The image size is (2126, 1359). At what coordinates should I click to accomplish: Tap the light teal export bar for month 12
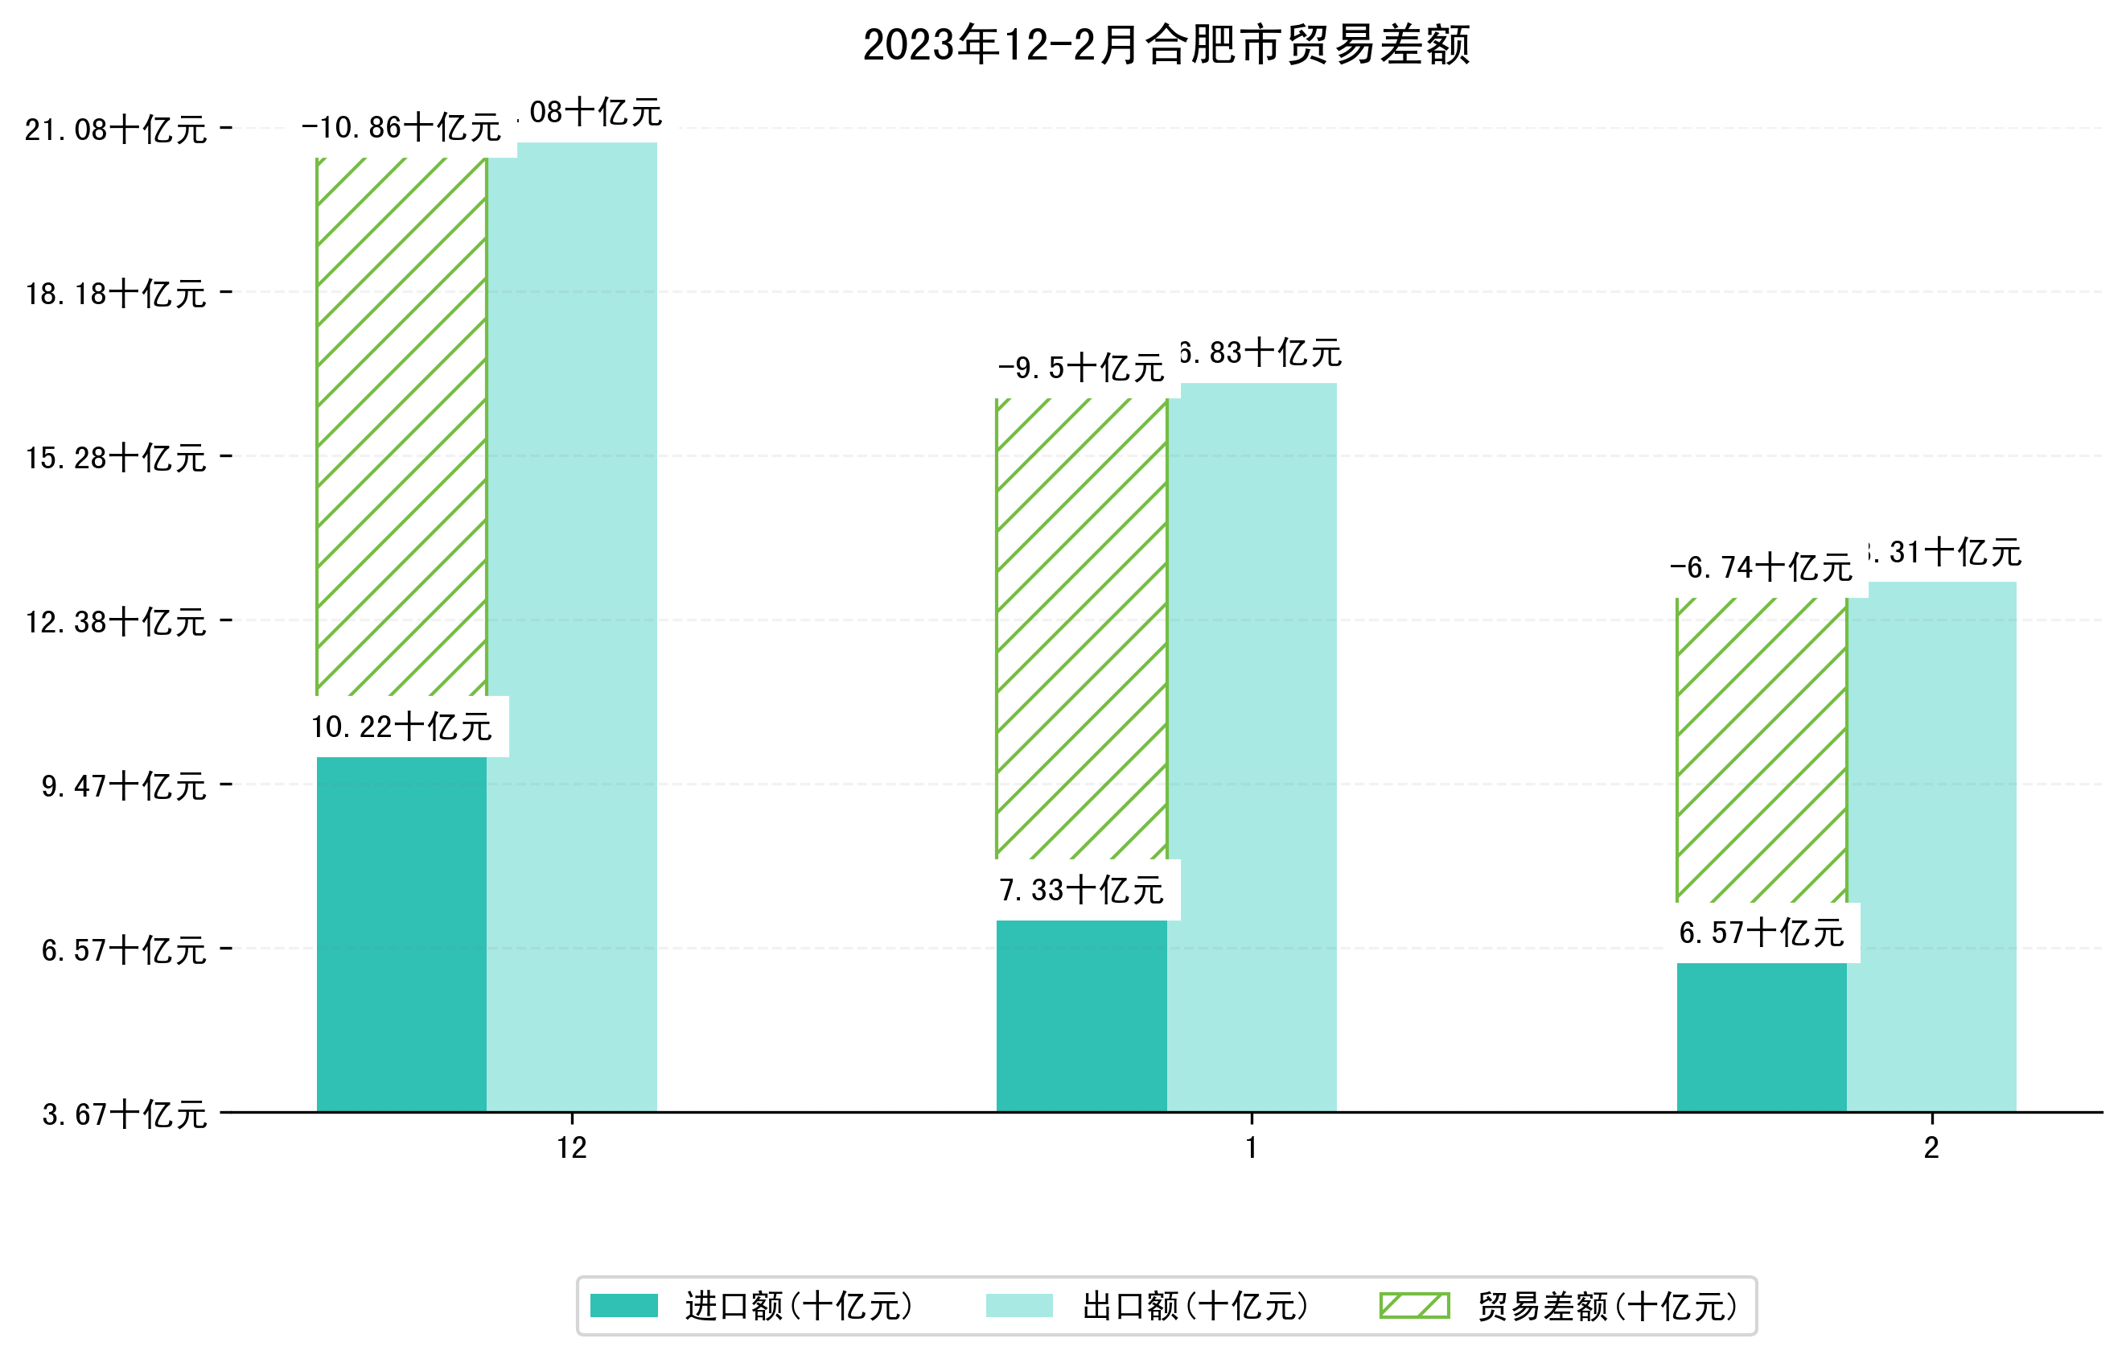pyautogui.click(x=572, y=627)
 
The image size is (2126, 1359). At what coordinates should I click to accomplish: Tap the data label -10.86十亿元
pyautogui.click(x=401, y=128)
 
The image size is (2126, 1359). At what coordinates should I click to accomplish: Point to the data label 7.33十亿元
pyautogui.click(x=1082, y=890)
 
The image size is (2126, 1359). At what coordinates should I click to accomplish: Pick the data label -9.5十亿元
pyautogui.click(x=1082, y=368)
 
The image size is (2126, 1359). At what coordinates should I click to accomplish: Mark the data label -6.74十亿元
pyautogui.click(x=1761, y=567)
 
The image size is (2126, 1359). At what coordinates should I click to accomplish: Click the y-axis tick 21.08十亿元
pyautogui.click(x=116, y=130)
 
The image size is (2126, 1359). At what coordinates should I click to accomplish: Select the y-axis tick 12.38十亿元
pyautogui.click(x=116, y=622)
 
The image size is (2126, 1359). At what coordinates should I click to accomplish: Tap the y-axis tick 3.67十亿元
pyautogui.click(x=125, y=1114)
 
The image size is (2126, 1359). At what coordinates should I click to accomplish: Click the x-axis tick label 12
pyautogui.click(x=572, y=1147)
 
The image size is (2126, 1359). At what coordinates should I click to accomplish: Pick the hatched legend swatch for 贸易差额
pyautogui.click(x=1414, y=1305)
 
